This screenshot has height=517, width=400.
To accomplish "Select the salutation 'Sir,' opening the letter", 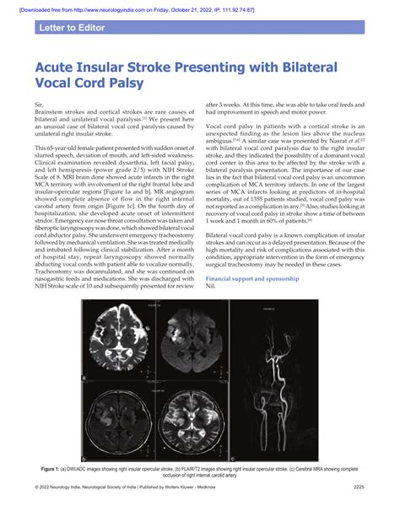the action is (x=39, y=104).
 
